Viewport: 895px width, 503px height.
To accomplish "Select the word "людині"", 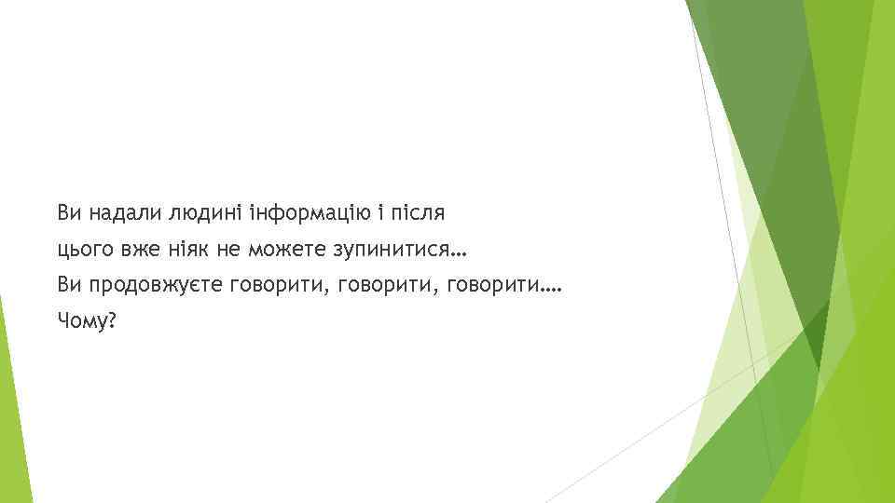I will (x=207, y=213).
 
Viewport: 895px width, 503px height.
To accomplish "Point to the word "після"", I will (x=418, y=213).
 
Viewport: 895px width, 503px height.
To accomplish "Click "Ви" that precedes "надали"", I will (x=68, y=213).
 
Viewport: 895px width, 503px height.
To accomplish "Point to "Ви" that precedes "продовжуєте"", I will (x=68, y=285).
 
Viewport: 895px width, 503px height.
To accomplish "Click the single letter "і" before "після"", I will (x=379, y=213).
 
